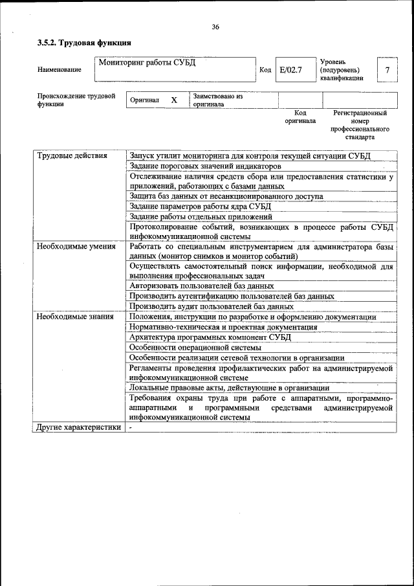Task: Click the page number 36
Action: click(215, 27)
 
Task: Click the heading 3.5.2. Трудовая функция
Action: click(84, 43)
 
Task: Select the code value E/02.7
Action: click(290, 70)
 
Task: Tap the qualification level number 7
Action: click(387, 70)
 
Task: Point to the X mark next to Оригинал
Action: click(173, 100)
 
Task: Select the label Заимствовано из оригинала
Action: click(217, 100)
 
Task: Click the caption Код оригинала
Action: click(300, 117)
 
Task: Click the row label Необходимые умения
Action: click(76, 246)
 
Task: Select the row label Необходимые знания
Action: click(75, 317)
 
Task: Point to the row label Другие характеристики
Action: click(78, 427)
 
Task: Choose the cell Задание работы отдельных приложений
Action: click(201, 216)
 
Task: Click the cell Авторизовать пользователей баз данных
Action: click(201, 285)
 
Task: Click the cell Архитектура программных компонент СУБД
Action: click(210, 337)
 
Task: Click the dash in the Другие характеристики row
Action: click(130, 427)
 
